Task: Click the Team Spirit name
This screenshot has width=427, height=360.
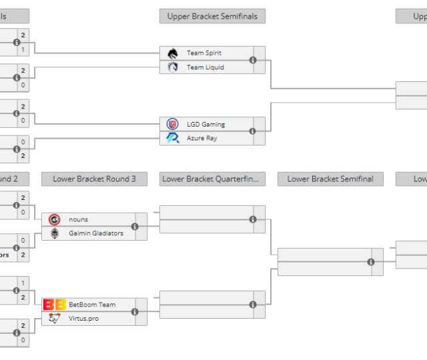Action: tap(203, 53)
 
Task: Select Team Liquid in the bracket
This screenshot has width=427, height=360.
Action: tap(205, 67)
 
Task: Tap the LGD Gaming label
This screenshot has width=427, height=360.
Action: tap(205, 125)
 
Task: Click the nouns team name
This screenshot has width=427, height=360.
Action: tap(78, 219)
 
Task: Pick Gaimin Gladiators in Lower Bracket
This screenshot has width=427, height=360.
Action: tap(95, 233)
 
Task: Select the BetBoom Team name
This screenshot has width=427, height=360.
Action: tap(91, 305)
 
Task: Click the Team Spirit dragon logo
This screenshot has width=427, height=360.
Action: tap(173, 53)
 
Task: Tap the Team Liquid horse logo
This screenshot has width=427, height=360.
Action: tap(173, 67)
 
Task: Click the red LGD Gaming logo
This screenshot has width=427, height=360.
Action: tap(173, 125)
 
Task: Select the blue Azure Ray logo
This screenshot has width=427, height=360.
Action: tap(173, 139)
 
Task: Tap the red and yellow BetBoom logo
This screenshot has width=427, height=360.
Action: tap(54, 305)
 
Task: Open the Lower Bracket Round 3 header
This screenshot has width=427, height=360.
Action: tap(94, 179)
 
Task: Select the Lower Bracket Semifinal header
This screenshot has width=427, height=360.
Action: tap(330, 179)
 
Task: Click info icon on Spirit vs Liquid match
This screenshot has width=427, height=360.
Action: tap(253, 60)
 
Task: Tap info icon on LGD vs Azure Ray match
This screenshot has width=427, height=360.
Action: tap(253, 131)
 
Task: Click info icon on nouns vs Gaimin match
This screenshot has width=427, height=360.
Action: tap(135, 227)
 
